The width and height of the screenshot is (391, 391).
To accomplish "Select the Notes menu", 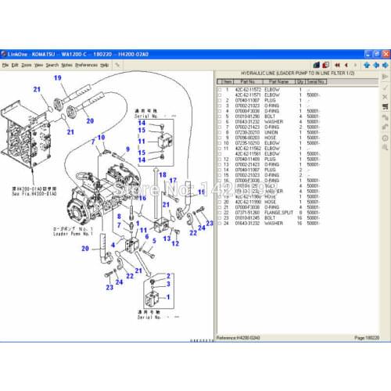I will (x=66, y=65).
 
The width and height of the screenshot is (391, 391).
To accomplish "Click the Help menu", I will (x=105, y=65).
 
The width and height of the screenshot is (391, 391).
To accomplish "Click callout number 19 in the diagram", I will (x=56, y=77).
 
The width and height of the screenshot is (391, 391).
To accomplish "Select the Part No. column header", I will (x=247, y=81).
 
